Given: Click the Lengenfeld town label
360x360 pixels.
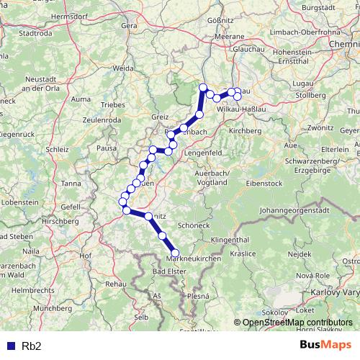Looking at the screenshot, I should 207,153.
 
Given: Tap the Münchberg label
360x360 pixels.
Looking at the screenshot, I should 53,307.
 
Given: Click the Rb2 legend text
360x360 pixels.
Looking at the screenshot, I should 32,346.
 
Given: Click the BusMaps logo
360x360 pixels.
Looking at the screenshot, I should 325,346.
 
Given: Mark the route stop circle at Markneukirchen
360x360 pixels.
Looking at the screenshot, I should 175,253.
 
